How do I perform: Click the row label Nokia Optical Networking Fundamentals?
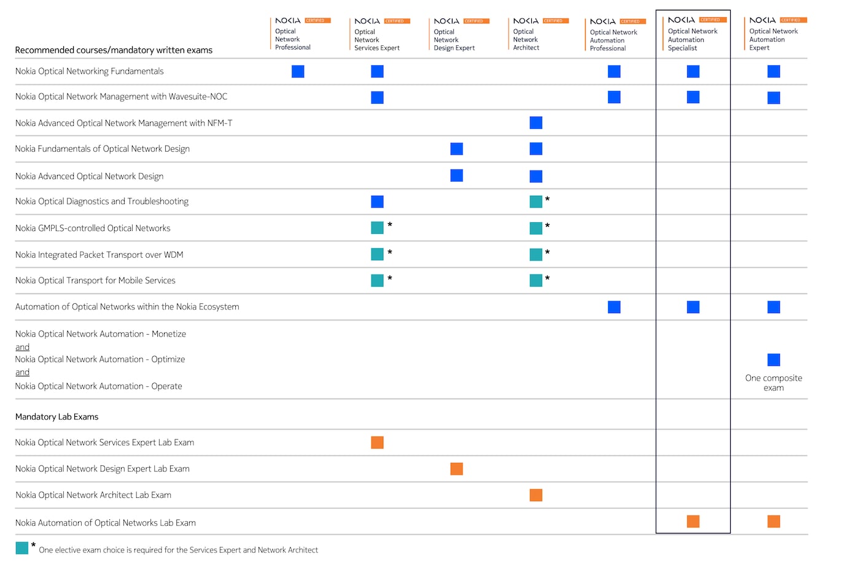(89, 71)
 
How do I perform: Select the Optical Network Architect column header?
(526, 39)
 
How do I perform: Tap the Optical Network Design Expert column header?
(454, 39)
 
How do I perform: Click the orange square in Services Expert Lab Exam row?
(377, 443)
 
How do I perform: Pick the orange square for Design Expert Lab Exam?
(456, 469)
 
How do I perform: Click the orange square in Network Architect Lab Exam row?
(535, 495)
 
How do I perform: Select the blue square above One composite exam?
(773, 360)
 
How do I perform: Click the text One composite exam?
(773, 382)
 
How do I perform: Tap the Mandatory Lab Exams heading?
(56, 417)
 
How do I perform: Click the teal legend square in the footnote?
(22, 548)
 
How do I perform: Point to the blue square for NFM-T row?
(535, 123)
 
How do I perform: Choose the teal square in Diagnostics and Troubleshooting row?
(535, 201)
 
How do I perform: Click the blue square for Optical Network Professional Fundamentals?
(298, 72)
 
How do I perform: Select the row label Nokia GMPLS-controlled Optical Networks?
(93, 228)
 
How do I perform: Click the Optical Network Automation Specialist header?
(692, 39)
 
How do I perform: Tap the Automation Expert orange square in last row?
(773, 522)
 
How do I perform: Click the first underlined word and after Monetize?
(22, 348)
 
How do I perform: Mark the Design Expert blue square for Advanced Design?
(456, 176)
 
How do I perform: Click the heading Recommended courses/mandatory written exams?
(114, 50)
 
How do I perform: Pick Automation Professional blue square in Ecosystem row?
(613, 307)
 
